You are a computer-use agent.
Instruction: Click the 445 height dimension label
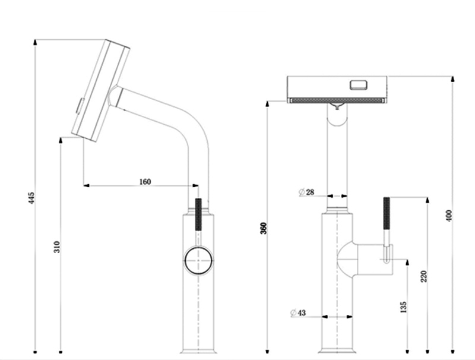[x=31, y=198]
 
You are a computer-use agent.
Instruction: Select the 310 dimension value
[x=57, y=247]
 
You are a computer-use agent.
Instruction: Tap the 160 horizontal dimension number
[x=145, y=182]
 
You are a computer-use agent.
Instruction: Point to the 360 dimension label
[x=264, y=228]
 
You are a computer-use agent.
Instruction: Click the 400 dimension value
[x=449, y=216]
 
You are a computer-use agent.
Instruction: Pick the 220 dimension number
[x=423, y=276]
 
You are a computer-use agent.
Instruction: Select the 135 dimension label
[x=403, y=307]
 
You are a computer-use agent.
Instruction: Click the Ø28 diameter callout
[x=306, y=192]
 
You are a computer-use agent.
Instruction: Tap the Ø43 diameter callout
[x=298, y=312]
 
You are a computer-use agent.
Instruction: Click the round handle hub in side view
[x=198, y=261]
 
